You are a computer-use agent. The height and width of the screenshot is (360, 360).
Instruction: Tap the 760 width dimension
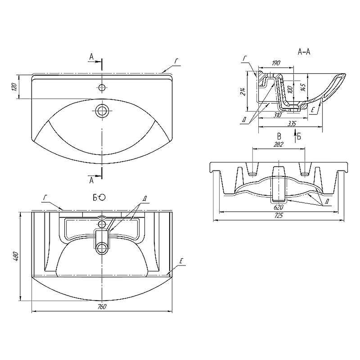[x=102, y=306]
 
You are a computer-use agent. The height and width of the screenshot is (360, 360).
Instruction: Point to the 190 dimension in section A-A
[x=276, y=63]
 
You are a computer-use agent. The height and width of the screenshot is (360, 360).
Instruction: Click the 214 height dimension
[x=244, y=91]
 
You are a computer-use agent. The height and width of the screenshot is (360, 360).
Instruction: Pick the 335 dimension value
[x=292, y=123]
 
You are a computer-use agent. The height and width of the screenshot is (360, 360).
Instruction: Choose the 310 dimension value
[x=277, y=115]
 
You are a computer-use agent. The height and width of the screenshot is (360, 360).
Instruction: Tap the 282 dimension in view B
[x=279, y=144]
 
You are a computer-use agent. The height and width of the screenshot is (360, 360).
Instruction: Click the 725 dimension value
[x=279, y=216]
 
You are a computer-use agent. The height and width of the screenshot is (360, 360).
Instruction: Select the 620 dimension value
[x=279, y=207]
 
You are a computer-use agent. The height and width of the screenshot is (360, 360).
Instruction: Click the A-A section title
[x=304, y=52]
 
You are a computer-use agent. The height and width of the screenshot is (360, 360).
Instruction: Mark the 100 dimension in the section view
[x=290, y=90]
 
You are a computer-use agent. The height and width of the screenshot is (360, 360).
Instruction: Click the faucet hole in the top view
[x=102, y=87]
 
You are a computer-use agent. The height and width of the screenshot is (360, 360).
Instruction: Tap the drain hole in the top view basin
[x=102, y=110]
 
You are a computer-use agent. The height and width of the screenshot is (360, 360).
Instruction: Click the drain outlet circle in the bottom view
[x=102, y=249]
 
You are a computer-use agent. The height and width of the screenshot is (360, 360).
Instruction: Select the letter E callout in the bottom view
[x=181, y=261]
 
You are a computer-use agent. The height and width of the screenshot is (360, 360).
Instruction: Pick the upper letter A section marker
[x=92, y=56]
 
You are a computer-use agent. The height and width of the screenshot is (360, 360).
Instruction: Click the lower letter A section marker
[x=92, y=181]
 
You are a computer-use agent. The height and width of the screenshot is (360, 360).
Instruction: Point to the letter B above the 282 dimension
[x=279, y=137]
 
